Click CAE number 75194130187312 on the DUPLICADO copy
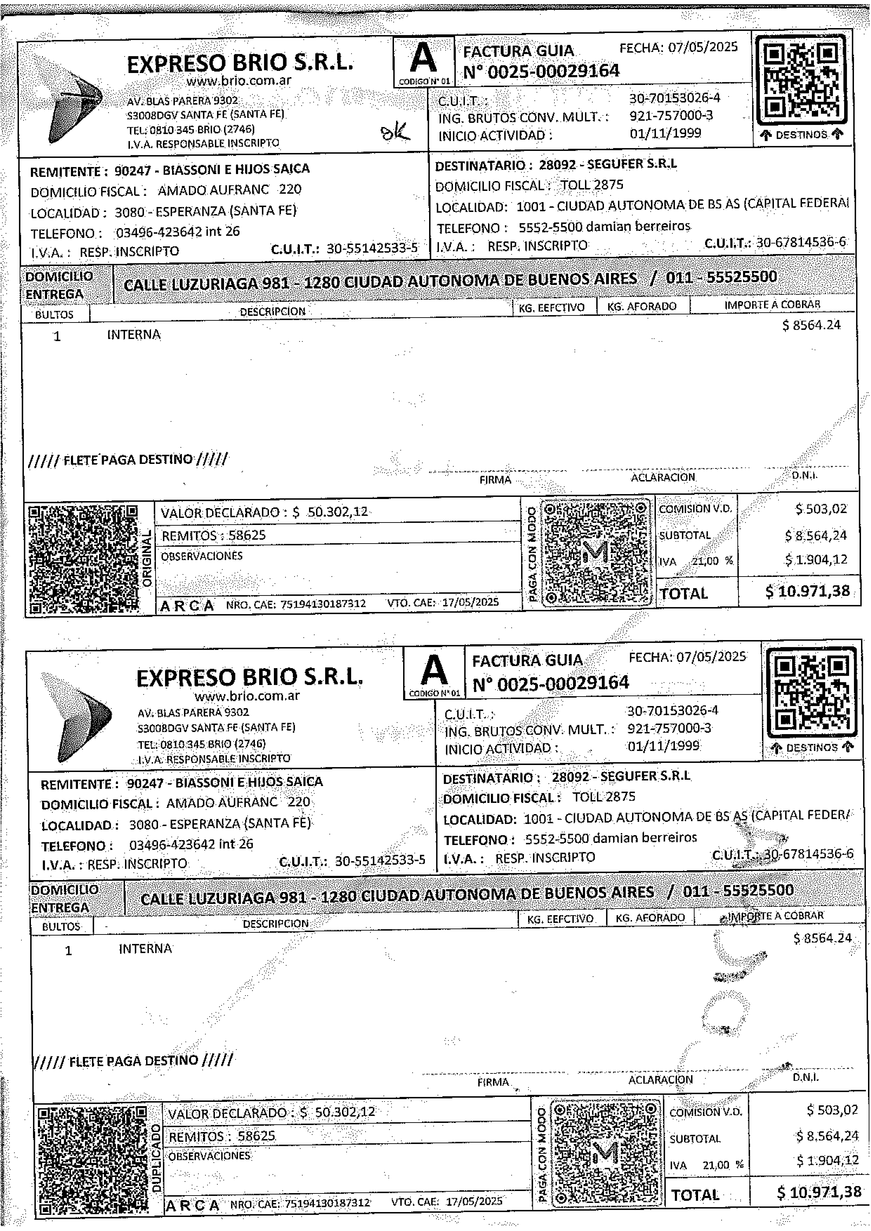coord(327,1203)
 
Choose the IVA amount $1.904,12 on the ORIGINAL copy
coord(816,560)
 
